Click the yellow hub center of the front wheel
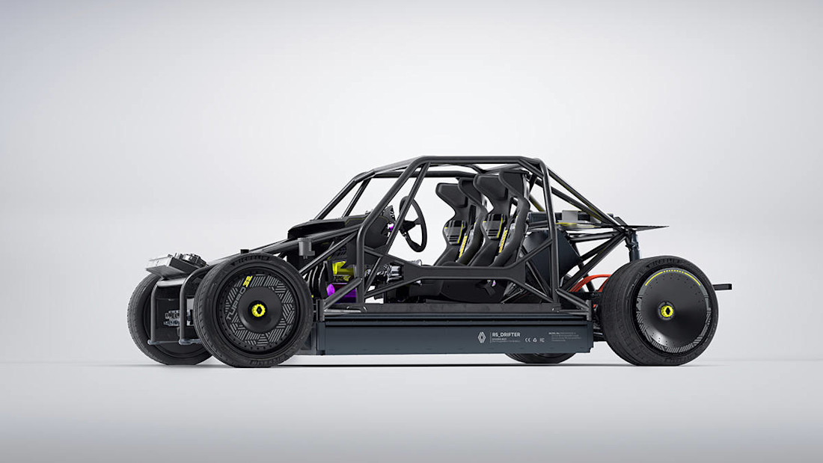point(259,310)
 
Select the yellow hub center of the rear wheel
point(665,310)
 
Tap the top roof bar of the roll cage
point(479,160)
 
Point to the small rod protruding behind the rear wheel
point(722,286)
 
